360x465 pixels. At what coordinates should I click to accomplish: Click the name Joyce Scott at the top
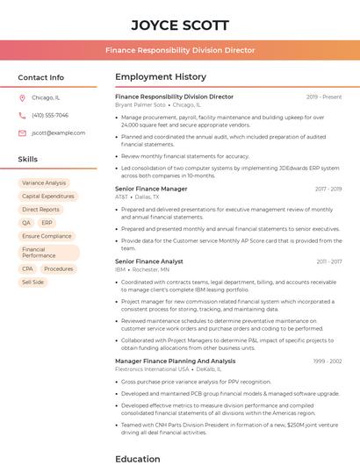[x=180, y=25]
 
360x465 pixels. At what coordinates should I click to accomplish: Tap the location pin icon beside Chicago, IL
[x=22, y=98]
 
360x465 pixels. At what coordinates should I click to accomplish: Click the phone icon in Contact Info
[x=22, y=116]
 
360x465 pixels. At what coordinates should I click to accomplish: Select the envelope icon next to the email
[x=22, y=133]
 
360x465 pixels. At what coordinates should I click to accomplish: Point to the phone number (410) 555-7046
[x=50, y=116]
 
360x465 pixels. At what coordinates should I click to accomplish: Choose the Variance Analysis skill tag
[x=44, y=183]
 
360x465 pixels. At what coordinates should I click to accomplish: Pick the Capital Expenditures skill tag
[x=47, y=197]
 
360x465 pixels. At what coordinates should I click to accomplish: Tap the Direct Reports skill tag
[x=41, y=210]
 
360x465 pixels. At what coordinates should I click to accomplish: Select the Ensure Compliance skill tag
[x=47, y=236]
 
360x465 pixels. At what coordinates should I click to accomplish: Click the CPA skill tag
[x=27, y=269]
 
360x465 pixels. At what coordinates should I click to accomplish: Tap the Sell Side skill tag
[x=32, y=283]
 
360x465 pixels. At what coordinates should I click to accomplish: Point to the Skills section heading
[x=28, y=160]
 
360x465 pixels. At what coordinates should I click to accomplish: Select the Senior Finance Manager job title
[x=151, y=189]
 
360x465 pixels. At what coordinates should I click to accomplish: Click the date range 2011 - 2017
[x=328, y=261]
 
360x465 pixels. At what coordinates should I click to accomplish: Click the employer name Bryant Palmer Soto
[x=140, y=104]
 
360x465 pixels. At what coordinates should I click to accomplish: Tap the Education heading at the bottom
[x=139, y=458]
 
